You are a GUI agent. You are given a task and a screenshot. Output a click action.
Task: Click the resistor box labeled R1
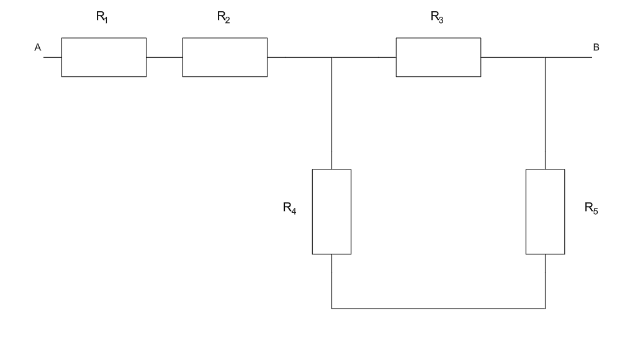coord(104,57)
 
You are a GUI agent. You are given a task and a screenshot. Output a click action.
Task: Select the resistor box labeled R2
coord(225,57)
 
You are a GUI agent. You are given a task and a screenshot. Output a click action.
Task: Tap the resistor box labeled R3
coord(438,57)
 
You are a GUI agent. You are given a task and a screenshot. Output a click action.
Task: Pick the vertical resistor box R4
coord(331,211)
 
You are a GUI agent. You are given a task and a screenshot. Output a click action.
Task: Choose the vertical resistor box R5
coord(545,211)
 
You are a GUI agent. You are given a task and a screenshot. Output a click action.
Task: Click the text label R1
coord(102,18)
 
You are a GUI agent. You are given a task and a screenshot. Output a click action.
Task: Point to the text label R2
coord(223,18)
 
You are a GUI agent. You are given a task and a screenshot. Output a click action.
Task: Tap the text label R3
coord(437,18)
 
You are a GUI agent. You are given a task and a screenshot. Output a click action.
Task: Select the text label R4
coord(289,210)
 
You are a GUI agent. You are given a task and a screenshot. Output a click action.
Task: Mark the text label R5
coord(591,210)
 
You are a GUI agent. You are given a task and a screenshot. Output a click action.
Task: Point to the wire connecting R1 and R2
coord(164,57)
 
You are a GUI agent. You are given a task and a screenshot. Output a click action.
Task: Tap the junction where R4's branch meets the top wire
coord(331,57)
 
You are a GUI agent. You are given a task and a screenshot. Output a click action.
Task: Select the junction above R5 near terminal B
coord(545,57)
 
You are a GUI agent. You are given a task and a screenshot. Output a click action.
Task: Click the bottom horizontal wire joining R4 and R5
coord(438,308)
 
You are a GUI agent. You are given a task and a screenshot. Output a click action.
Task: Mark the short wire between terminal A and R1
coord(52,57)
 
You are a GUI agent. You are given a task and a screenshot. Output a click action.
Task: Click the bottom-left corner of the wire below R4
coord(331,308)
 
